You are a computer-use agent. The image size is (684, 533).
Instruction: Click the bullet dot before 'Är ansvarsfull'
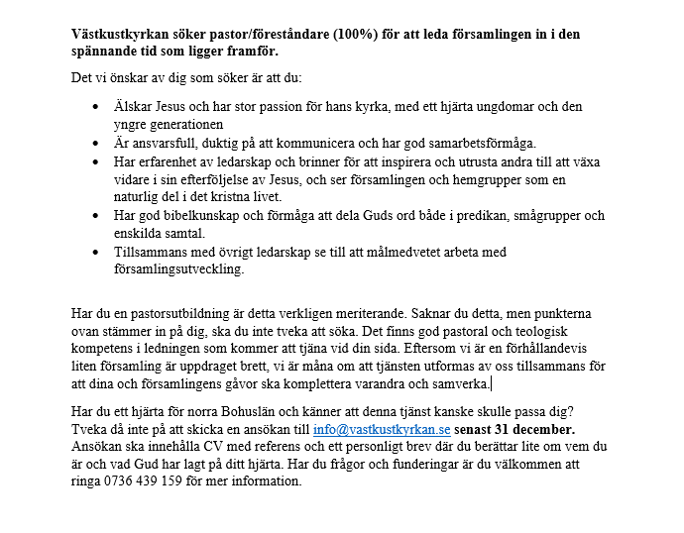pyautogui.click(x=95, y=144)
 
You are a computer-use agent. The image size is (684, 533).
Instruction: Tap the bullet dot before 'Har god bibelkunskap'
pyautogui.click(x=95, y=214)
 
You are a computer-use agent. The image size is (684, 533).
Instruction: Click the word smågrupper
pyautogui.click(x=550, y=214)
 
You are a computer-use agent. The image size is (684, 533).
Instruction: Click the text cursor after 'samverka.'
pyautogui.click(x=492, y=383)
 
